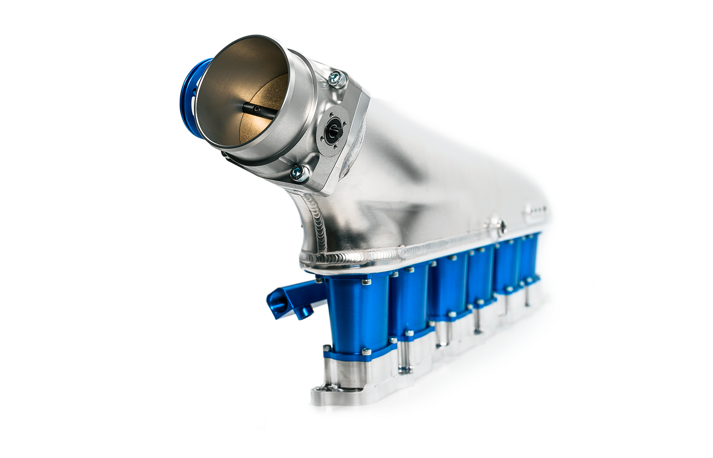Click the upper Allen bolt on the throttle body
(x=336, y=78)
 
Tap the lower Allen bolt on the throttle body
(x=299, y=172)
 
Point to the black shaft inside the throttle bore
(x=260, y=109)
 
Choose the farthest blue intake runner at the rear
(x=530, y=257)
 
